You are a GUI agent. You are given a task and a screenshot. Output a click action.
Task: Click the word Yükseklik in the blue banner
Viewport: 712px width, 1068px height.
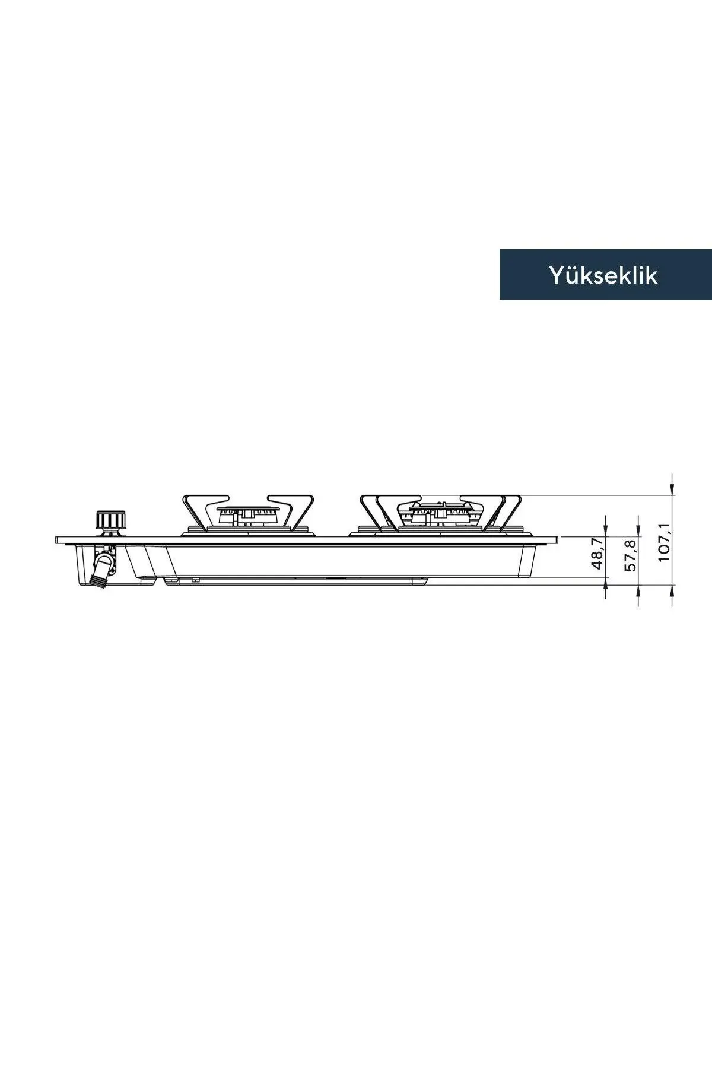(x=603, y=275)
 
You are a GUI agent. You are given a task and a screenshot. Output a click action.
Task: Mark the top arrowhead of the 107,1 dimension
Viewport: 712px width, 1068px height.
(x=671, y=487)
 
